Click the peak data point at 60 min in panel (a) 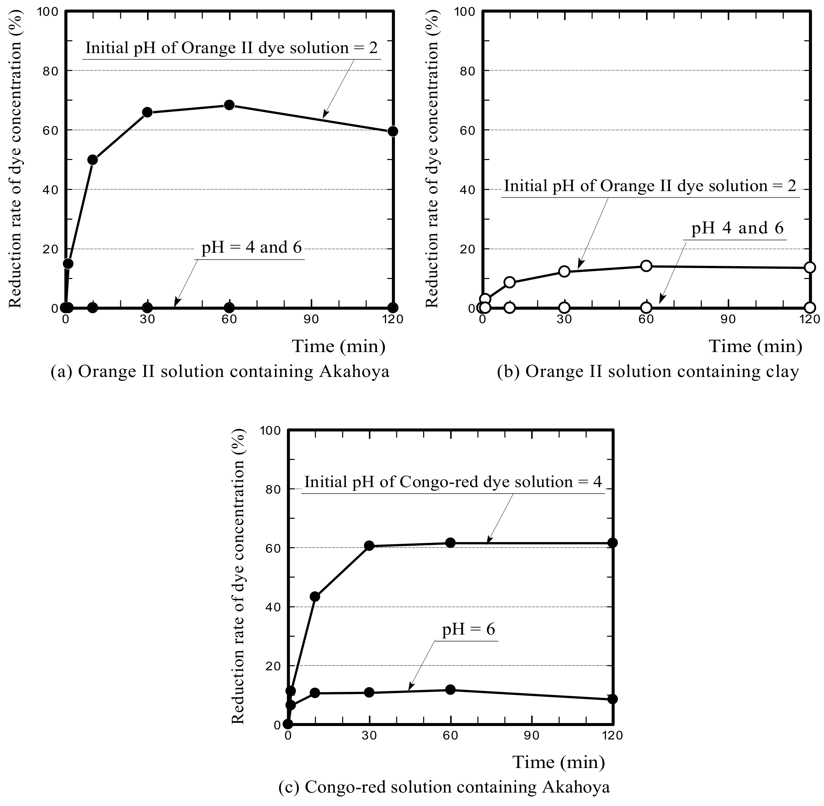pos(229,105)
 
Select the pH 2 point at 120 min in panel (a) pos(393,131)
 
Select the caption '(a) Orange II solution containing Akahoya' pos(220,372)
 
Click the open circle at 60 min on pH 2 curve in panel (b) pos(646,266)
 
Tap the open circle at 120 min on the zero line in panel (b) pos(810,307)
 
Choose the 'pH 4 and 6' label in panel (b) pos(737,228)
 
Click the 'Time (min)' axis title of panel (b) pos(755,346)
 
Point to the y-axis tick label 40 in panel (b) pos(468,190)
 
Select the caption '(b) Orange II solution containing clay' pos(648,372)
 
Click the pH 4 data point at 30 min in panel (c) pos(369,546)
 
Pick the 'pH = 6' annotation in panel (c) pos(468,629)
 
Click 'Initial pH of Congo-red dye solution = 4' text pos(453,482)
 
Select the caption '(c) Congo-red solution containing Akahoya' pos(444,787)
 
